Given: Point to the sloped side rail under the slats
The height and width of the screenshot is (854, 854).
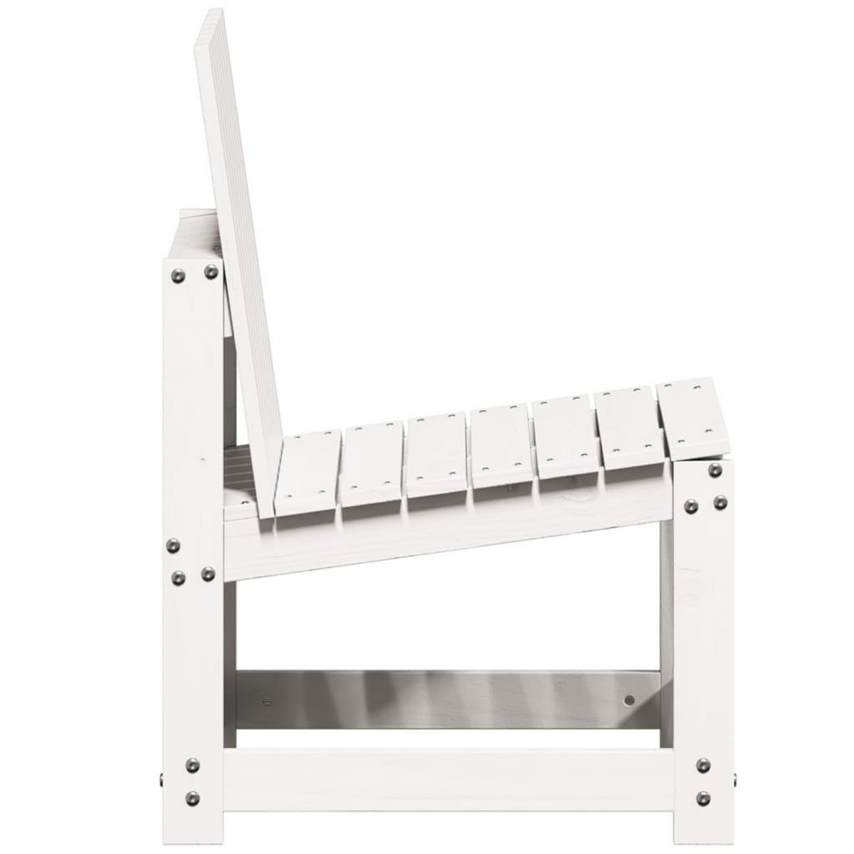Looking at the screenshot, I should (x=441, y=534).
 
